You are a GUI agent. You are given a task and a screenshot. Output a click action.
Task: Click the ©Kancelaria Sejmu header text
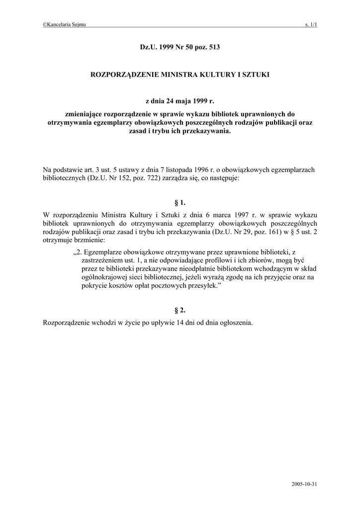65,25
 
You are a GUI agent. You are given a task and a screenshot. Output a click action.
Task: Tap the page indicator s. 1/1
311,25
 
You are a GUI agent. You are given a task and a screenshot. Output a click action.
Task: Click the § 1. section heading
180,203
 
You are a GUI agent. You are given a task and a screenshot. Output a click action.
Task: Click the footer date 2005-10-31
305,484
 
